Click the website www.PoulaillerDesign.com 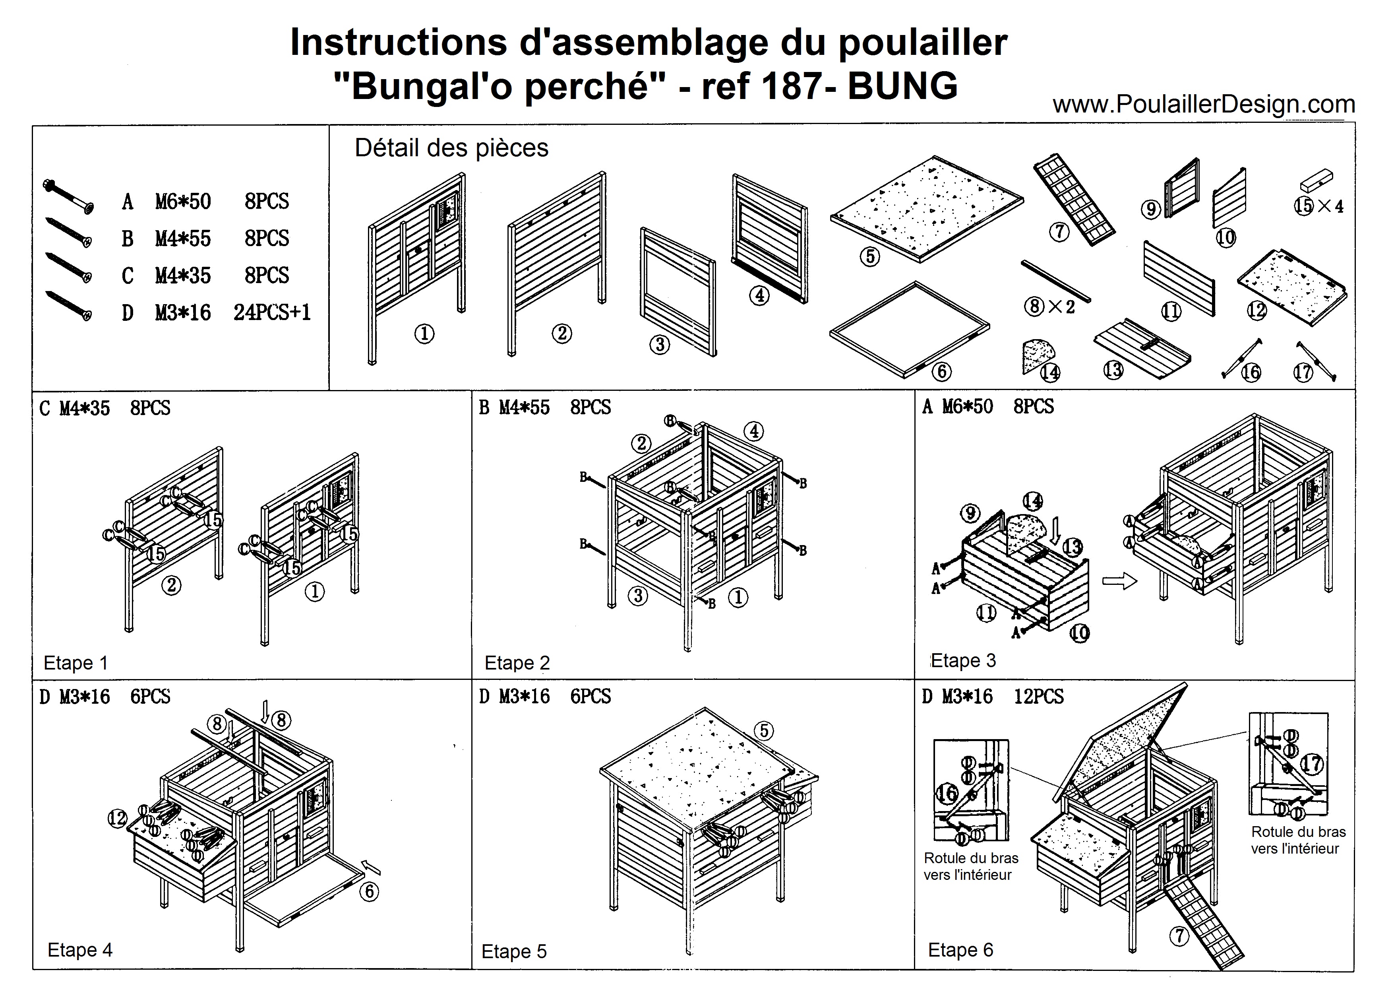click(x=1203, y=105)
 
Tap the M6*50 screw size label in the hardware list click(x=183, y=201)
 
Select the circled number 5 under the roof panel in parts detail click(x=870, y=256)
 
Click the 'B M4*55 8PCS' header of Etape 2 click(x=545, y=407)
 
